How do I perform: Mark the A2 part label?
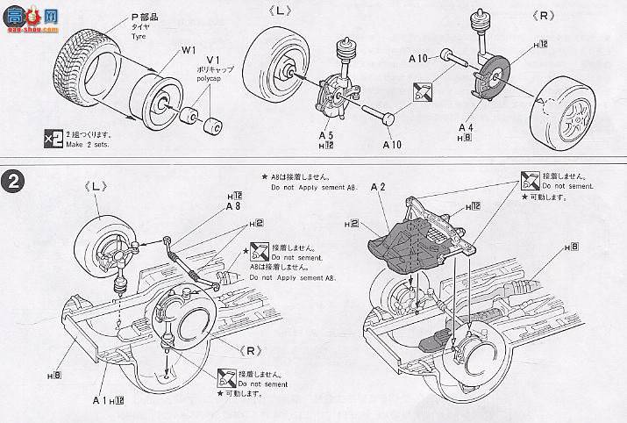tap(379, 187)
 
